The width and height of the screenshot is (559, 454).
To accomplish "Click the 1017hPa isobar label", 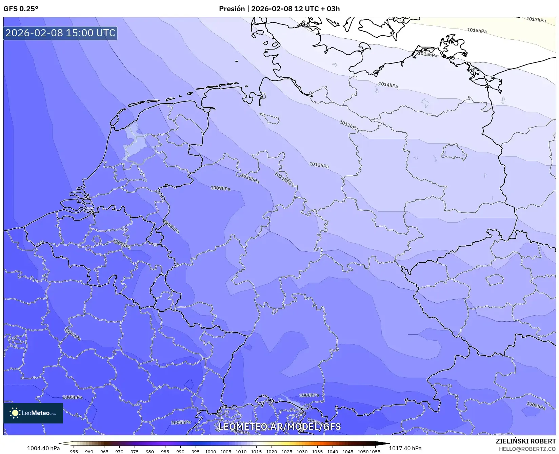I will pyautogui.click(x=536, y=20).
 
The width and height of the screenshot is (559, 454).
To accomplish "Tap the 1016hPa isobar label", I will pyautogui.click(x=477, y=31).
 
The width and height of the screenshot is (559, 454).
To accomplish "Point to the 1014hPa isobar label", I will pyautogui.click(x=388, y=85).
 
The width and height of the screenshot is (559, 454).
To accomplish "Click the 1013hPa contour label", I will pyautogui.click(x=348, y=125).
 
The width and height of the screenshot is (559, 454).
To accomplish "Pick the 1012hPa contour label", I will pyautogui.click(x=319, y=165).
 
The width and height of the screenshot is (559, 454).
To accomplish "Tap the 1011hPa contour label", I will pyautogui.click(x=283, y=178).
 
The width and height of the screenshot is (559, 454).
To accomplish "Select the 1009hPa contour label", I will pyautogui.click(x=220, y=188).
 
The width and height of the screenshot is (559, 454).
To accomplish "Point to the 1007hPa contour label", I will pyautogui.click(x=122, y=244).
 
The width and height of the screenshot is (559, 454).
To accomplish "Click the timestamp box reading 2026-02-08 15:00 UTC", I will pyautogui.click(x=60, y=33).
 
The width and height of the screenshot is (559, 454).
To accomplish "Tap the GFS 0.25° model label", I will pyautogui.click(x=21, y=9).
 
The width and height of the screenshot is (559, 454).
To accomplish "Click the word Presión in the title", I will pyautogui.click(x=232, y=9).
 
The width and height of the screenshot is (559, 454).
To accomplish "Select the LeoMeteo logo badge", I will pyautogui.click(x=33, y=413).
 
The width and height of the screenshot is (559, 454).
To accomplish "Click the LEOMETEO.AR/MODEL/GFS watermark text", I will pyautogui.click(x=279, y=427).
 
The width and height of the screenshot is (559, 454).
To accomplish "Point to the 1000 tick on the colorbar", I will pyautogui.click(x=211, y=451).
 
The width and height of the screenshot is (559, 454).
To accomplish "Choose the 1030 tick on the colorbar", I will pyautogui.click(x=302, y=451).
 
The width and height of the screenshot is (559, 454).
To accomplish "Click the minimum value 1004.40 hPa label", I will pyautogui.click(x=43, y=448).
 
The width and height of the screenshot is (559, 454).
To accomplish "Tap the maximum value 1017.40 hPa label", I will pyautogui.click(x=405, y=448).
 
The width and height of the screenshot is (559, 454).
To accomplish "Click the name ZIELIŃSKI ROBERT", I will pyautogui.click(x=525, y=441).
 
